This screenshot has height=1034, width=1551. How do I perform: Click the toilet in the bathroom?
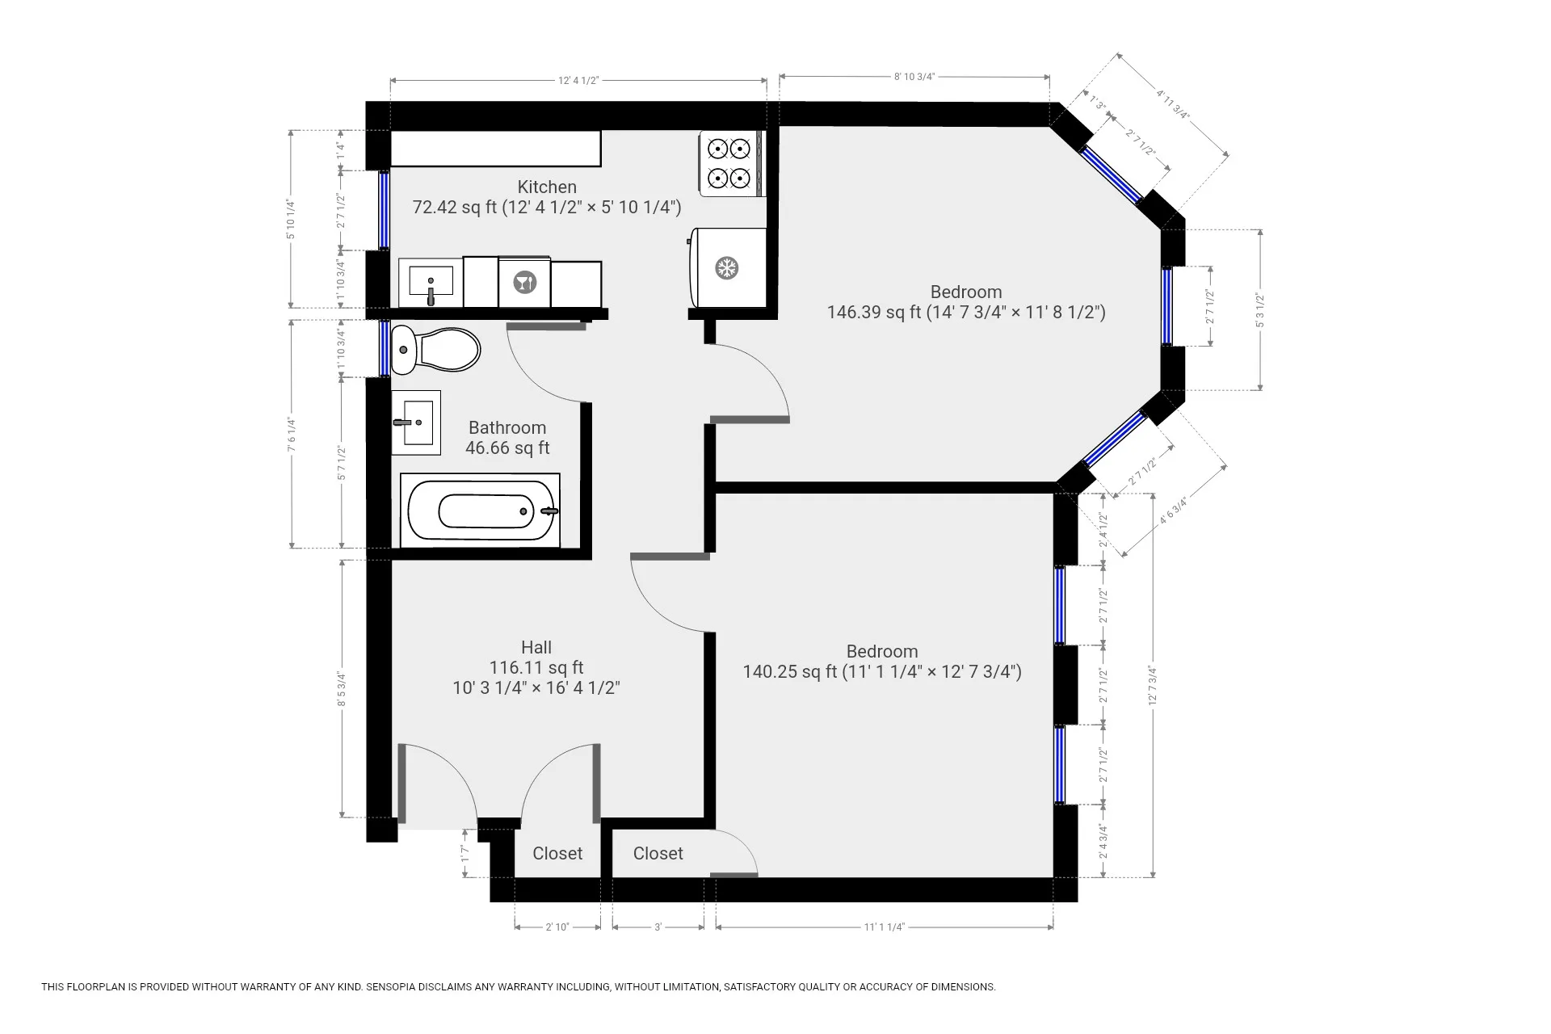tap(435, 351)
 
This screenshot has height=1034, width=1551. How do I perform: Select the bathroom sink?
tap(417, 422)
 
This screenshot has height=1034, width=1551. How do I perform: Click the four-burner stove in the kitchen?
tap(730, 163)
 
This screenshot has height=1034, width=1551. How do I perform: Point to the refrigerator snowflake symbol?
tap(728, 268)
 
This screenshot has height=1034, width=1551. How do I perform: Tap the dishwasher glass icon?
tap(525, 283)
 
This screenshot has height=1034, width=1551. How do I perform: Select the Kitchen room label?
tap(547, 187)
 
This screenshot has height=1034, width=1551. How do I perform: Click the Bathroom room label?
tap(507, 427)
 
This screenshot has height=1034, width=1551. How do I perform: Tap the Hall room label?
tap(536, 647)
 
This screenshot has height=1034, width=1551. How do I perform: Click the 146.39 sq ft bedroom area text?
tap(966, 312)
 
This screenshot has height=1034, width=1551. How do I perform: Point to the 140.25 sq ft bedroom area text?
tap(882, 671)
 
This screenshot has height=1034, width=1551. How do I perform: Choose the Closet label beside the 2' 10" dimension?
tap(557, 853)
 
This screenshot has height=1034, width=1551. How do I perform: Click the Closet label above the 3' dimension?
tap(658, 853)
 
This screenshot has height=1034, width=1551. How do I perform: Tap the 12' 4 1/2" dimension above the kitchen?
tap(578, 80)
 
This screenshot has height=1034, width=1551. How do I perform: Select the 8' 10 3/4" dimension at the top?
tap(914, 77)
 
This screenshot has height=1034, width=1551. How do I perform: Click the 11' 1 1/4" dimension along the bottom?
tap(884, 927)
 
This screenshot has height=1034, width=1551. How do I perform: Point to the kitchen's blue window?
tap(385, 211)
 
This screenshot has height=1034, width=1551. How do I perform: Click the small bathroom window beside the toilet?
tap(385, 348)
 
